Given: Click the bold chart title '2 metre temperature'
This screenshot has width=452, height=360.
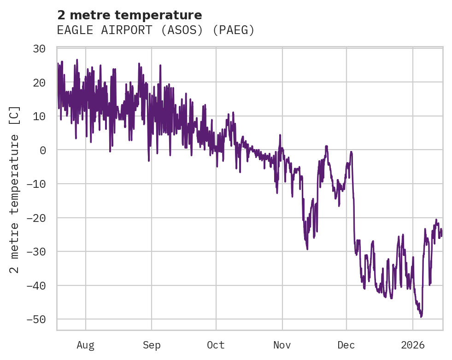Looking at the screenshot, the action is coord(129,15).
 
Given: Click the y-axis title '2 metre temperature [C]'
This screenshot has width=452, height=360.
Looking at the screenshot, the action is coord(15,189).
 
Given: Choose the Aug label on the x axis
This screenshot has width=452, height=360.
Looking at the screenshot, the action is coord(85,345).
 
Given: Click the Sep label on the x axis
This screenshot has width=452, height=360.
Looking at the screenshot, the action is coord(151,345).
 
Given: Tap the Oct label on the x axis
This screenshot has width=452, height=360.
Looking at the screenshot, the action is coord(216,345).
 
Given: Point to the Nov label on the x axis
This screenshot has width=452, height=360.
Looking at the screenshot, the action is coord(282,345).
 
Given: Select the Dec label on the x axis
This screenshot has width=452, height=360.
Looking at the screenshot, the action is coord(346,345).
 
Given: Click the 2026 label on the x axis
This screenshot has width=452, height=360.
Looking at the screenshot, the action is coord(413,345).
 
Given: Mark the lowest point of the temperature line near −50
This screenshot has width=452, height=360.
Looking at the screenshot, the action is coord(421,317).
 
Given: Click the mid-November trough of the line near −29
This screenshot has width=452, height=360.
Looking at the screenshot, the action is coord(307,249).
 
